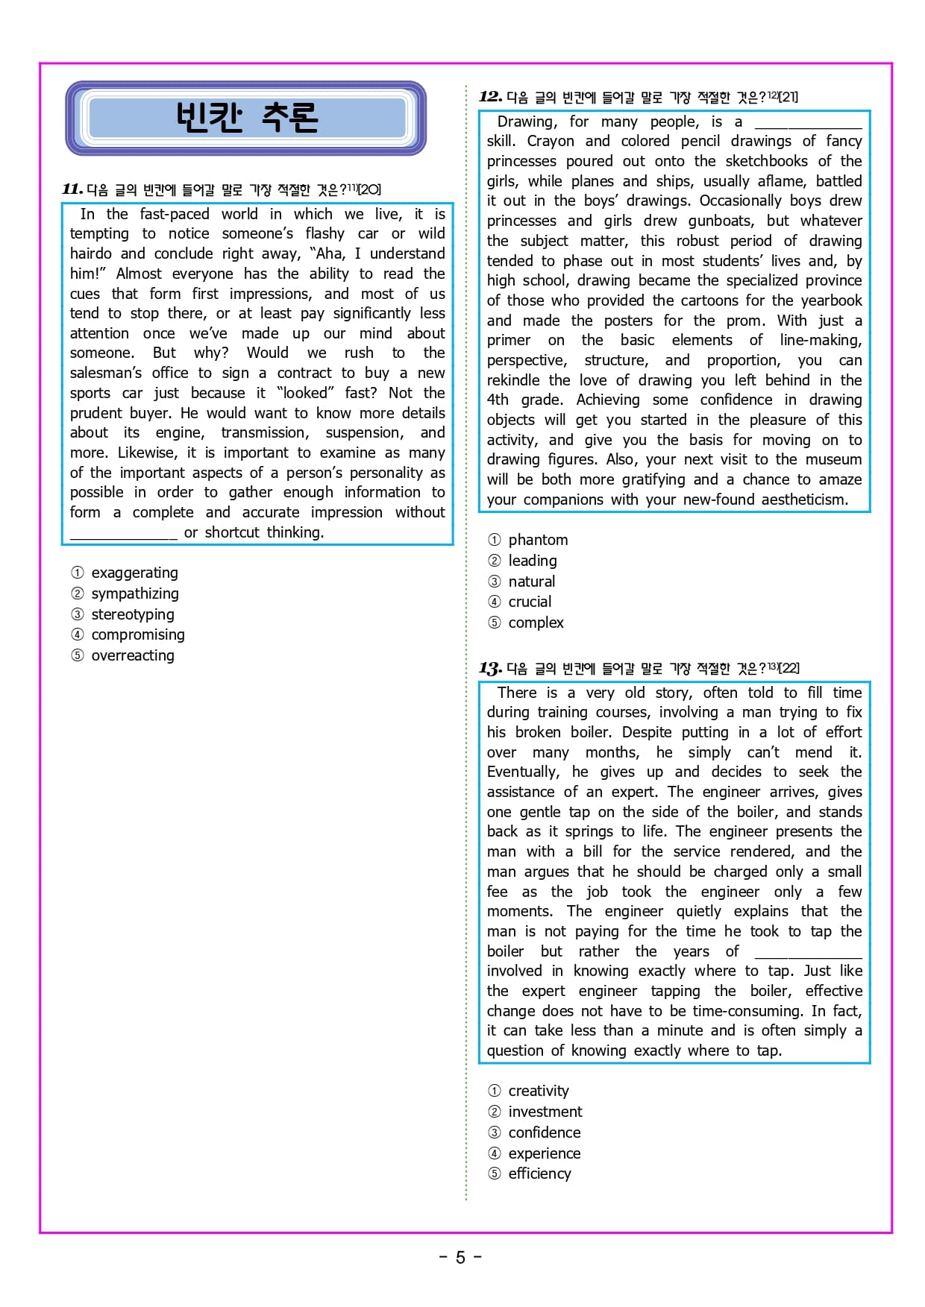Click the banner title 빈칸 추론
pos(246,118)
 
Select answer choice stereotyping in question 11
pos(132,614)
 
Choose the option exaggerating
pos(134,573)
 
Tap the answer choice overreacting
pos(132,655)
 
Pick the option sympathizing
pos(134,593)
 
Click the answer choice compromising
pos(137,634)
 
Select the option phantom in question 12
pos(537,540)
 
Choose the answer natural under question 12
pos(531,582)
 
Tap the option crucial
pos(530,602)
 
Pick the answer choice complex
pos(536,623)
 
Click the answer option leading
pos(532,561)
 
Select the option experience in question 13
pos(544,1153)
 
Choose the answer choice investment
pos(545,1112)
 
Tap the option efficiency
pos(539,1174)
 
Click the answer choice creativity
pos(538,1091)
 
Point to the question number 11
pos(72,189)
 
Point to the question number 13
pos(490,668)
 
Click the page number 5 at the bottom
pos(460,1258)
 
